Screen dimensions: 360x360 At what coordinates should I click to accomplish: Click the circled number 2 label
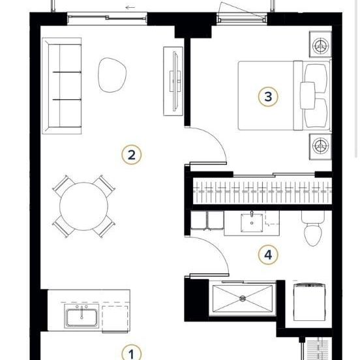pyautogui.click(x=131, y=155)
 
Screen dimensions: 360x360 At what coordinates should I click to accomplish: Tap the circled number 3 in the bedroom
pyautogui.click(x=268, y=97)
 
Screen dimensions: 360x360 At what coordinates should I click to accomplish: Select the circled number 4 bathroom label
pyautogui.click(x=268, y=255)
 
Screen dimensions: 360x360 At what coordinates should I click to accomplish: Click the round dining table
pyautogui.click(x=83, y=206)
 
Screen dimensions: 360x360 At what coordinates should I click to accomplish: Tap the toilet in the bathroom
pyautogui.click(x=312, y=229)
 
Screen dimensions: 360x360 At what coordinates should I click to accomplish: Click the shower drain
pyautogui.click(x=243, y=299)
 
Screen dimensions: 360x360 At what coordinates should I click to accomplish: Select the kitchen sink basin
pyautogui.click(x=82, y=317)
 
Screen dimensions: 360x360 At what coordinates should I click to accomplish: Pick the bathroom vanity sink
pyautogui.click(x=252, y=222)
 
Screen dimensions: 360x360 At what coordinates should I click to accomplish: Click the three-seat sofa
pyautogui.click(x=62, y=86)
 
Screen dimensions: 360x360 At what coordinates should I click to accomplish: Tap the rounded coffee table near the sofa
pyautogui.click(x=112, y=75)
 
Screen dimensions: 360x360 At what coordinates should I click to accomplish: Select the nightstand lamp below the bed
pyautogui.click(x=320, y=146)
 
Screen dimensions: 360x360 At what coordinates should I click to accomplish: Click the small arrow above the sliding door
pyautogui.click(x=130, y=8)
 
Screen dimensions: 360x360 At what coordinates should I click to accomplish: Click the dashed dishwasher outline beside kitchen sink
pyautogui.click(x=115, y=319)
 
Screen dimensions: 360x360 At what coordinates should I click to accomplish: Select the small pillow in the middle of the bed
pyautogui.click(x=307, y=95)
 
